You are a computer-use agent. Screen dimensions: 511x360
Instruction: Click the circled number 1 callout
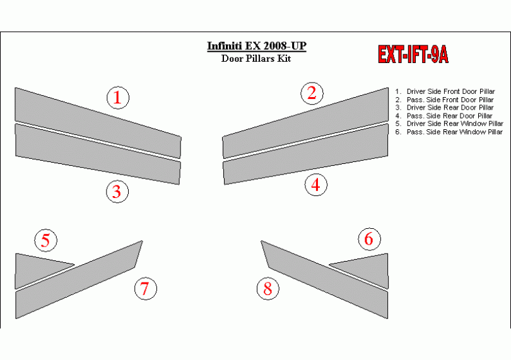click(118, 98)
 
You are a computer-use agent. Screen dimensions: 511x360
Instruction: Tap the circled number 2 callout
click(312, 93)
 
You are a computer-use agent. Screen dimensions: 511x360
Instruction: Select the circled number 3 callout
click(117, 192)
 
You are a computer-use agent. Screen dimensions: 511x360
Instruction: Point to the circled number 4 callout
click(316, 185)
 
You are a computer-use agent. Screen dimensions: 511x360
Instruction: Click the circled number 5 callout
click(46, 240)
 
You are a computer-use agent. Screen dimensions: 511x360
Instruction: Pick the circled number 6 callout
click(369, 239)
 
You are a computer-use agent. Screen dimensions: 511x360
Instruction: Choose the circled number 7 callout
click(146, 288)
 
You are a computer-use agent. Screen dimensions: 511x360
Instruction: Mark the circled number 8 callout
click(268, 288)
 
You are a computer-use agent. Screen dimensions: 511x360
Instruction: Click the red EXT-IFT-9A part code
click(413, 54)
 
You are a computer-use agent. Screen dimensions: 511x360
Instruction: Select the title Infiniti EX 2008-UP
click(257, 46)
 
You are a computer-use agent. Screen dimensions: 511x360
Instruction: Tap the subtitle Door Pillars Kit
click(256, 59)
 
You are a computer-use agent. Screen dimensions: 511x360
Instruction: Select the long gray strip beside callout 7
click(78, 280)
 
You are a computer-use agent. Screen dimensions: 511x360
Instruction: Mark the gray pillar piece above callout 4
click(306, 154)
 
